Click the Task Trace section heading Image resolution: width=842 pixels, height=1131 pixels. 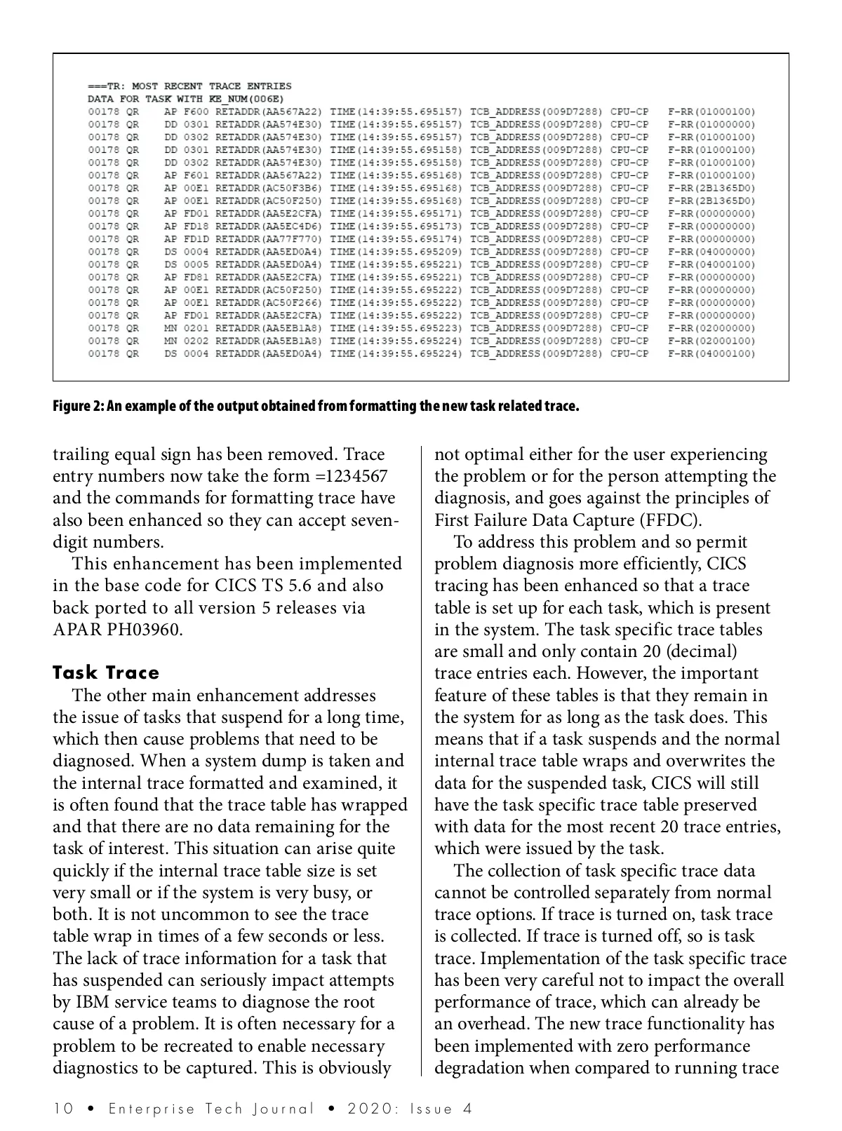[106, 673]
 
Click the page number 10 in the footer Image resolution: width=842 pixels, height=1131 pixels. [63, 1109]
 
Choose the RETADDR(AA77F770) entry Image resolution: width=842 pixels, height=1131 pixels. [269, 239]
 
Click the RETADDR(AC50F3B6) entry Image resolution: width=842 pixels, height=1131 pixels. [269, 188]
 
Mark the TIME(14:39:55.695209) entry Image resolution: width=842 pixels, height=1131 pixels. [396, 252]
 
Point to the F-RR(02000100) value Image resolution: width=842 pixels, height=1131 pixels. [711, 341]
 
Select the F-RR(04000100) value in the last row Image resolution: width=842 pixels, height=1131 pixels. [711, 353]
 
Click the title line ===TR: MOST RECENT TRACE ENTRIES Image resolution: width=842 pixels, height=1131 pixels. [189, 86]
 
